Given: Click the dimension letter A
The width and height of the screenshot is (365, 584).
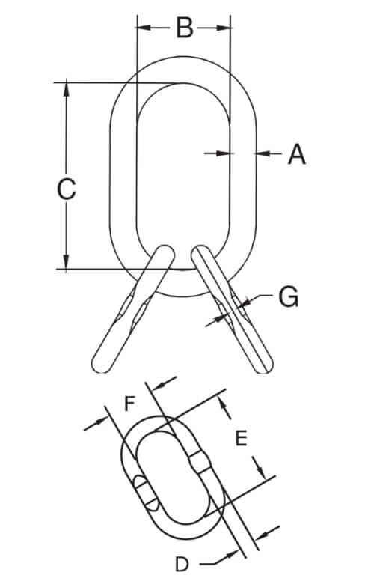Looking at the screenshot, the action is [x=297, y=154].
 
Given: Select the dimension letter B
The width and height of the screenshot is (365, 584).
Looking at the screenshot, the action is [x=185, y=28].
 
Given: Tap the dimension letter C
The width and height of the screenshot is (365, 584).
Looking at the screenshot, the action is [x=67, y=189].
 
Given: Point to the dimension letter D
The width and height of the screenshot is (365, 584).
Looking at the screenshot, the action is [x=182, y=565].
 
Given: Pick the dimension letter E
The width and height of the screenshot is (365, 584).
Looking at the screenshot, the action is [x=242, y=438].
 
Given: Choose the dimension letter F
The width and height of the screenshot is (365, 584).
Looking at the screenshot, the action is [x=129, y=404].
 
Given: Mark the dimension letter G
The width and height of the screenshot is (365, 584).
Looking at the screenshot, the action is [x=289, y=296].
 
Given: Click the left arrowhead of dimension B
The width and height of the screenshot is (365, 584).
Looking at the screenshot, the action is [x=144, y=28].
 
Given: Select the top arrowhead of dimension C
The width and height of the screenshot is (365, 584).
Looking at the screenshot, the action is [x=67, y=89].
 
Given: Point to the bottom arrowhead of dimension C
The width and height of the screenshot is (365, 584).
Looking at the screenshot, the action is [x=67, y=261].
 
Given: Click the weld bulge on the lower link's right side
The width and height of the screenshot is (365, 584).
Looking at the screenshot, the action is [x=200, y=462].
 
